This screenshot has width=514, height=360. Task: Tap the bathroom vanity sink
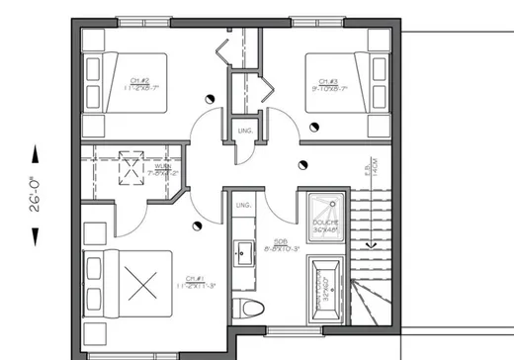pyautogui.click(x=242, y=254)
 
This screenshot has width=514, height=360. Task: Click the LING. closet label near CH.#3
pyautogui.click(x=243, y=130)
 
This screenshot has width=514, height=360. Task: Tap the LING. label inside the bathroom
pyautogui.click(x=243, y=205)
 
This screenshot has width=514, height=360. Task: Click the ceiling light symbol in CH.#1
pyautogui.click(x=199, y=230)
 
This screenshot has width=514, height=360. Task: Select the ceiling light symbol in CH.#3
pyautogui.click(x=315, y=126)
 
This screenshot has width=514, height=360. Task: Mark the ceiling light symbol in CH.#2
pyautogui.click(x=212, y=98)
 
